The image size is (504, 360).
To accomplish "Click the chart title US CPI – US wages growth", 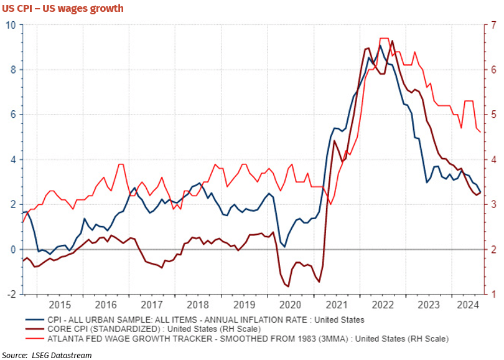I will (x=62, y=8).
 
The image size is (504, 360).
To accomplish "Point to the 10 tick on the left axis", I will (x=11, y=25).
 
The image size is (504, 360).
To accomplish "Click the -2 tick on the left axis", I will (x=11, y=294).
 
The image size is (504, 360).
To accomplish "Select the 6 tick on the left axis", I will (x=12, y=115).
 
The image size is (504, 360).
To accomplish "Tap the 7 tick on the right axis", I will (x=493, y=25).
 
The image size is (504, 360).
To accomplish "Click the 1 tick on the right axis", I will (x=493, y=294).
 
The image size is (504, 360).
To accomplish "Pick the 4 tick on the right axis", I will (x=493, y=159).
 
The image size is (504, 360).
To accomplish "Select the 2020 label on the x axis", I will (x=291, y=305).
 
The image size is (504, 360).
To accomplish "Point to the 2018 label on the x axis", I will (x=197, y=305).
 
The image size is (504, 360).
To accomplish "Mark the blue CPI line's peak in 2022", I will (x=380, y=45).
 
